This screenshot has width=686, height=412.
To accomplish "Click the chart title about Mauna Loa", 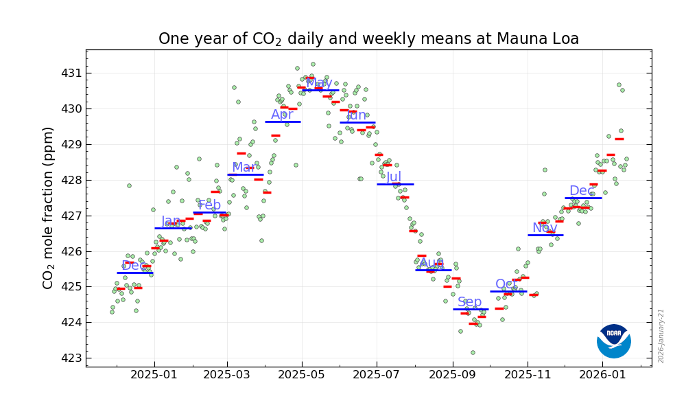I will [x=368, y=39].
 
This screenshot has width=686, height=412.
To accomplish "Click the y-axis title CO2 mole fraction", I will [x=49, y=207].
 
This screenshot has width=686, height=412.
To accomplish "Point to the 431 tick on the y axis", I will [x=71, y=73].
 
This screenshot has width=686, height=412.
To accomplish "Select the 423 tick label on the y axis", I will [x=71, y=358].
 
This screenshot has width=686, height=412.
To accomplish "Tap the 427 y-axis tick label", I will [x=71, y=216].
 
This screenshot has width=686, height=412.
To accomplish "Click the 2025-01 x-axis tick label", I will [x=154, y=376].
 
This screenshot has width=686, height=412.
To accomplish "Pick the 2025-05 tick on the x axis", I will [x=303, y=376].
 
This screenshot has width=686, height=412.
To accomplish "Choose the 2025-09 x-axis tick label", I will [x=452, y=376].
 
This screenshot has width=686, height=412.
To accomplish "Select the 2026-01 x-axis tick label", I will [x=602, y=376].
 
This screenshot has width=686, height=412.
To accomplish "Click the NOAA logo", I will [x=613, y=341].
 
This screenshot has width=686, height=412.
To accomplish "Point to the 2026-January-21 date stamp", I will [x=661, y=335].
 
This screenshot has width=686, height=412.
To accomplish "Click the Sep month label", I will [x=470, y=302].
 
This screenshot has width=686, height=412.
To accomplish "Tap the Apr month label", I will [x=282, y=115].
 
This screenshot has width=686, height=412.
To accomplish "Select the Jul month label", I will [x=394, y=177].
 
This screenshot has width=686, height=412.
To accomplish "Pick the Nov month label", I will [x=545, y=228].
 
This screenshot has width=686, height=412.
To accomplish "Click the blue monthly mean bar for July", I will [x=395, y=184].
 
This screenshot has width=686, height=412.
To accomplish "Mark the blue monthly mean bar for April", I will [x=283, y=122].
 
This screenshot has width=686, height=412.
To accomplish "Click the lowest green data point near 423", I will [x=473, y=352].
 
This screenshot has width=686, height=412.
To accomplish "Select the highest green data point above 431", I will [x=313, y=65].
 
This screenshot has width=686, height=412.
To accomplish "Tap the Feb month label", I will [x=209, y=205].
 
